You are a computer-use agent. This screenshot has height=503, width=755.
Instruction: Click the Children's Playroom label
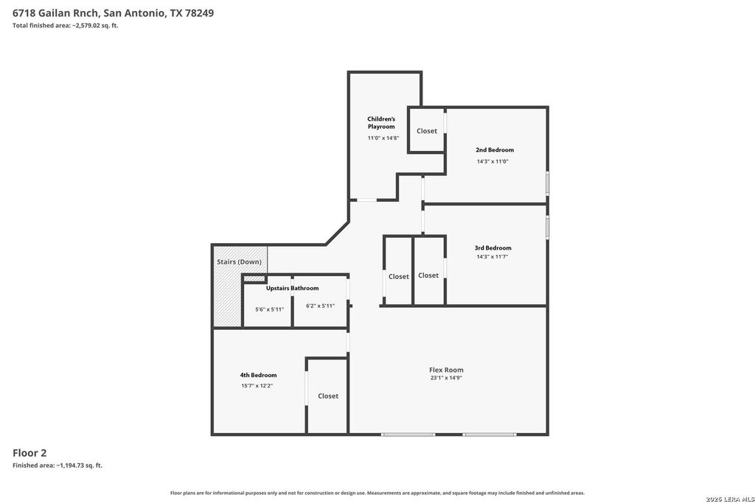(x=381, y=123)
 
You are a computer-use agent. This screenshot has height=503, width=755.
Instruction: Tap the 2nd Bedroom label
(x=495, y=150)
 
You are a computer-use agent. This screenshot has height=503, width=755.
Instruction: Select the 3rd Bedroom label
(x=493, y=248)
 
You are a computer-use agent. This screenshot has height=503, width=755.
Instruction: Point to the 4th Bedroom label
(x=259, y=375)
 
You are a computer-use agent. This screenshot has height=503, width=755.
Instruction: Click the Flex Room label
(x=446, y=370)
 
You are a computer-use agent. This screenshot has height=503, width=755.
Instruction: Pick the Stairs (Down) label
(x=240, y=262)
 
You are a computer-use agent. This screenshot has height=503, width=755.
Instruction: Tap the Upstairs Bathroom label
(x=292, y=288)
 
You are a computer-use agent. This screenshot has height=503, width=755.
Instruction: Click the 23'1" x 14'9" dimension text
(x=446, y=378)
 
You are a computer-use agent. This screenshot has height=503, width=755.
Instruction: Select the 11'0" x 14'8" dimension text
(x=383, y=138)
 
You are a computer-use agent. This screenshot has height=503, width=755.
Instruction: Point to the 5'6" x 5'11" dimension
(x=270, y=310)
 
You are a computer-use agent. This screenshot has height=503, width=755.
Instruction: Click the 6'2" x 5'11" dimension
(x=320, y=306)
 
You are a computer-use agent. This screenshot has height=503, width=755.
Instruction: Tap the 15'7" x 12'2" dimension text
(x=257, y=386)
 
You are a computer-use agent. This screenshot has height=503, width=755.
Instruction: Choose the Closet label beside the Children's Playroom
(x=427, y=131)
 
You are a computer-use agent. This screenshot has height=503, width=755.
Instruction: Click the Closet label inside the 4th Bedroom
(x=328, y=395)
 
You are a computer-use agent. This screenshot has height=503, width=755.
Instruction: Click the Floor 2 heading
(x=29, y=452)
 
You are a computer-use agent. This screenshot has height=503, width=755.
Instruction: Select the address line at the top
(x=113, y=13)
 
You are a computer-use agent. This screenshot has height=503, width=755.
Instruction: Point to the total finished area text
(x=65, y=26)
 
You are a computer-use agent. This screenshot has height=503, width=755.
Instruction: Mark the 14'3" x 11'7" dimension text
(x=493, y=257)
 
